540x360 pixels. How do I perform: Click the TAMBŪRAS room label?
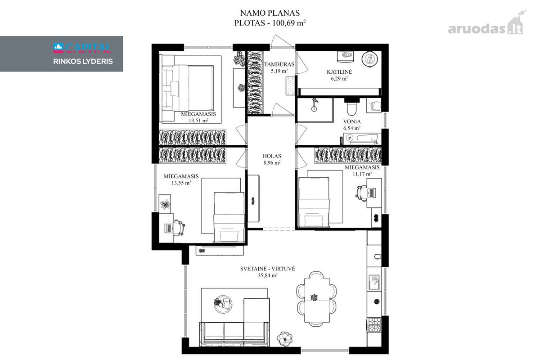click(x=279, y=64)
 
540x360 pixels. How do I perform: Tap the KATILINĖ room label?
click(x=339, y=72)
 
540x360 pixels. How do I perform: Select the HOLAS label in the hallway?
click(x=272, y=156)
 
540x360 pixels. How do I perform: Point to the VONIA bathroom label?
click(x=352, y=121)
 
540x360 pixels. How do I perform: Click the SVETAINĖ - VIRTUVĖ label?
click(x=268, y=269)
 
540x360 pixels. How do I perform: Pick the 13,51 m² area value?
click(x=198, y=121)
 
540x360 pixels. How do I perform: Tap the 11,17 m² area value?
click(x=362, y=174)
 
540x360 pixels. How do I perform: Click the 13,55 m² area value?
click(x=181, y=183)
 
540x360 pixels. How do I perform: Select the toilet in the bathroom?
click(x=351, y=108)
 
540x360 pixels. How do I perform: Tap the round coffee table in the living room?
click(x=223, y=304)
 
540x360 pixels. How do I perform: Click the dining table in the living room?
click(x=317, y=300)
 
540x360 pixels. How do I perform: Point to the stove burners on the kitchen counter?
click(x=374, y=324)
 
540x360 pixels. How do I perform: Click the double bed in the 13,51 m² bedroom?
click(x=188, y=88)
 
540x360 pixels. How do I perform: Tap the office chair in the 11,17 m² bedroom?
click(x=361, y=193)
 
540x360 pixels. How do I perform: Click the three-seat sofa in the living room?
click(x=234, y=334)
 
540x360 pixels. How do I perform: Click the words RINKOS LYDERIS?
click(x=83, y=62)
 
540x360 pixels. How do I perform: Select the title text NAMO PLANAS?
click(x=270, y=13)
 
